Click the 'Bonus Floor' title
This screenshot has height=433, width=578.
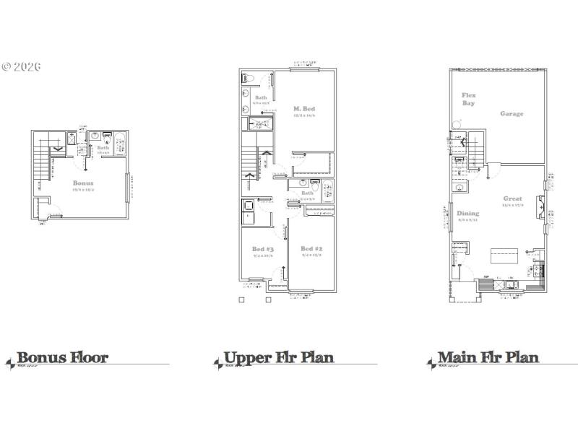(x=62, y=357)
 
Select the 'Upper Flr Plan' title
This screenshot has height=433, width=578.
(x=279, y=357)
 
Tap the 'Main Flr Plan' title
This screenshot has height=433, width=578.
(x=488, y=357)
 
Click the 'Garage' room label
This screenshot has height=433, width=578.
(x=512, y=113)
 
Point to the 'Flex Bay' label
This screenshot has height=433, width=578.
(x=469, y=99)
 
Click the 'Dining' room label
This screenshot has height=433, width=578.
(x=467, y=214)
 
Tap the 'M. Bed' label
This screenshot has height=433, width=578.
(x=303, y=109)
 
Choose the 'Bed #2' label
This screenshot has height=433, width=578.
(x=311, y=249)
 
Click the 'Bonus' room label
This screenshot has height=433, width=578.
(x=83, y=183)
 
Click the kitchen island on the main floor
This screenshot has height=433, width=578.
(x=505, y=255)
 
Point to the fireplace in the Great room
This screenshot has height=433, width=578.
(x=540, y=207)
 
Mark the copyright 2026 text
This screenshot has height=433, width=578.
(x=21, y=66)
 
